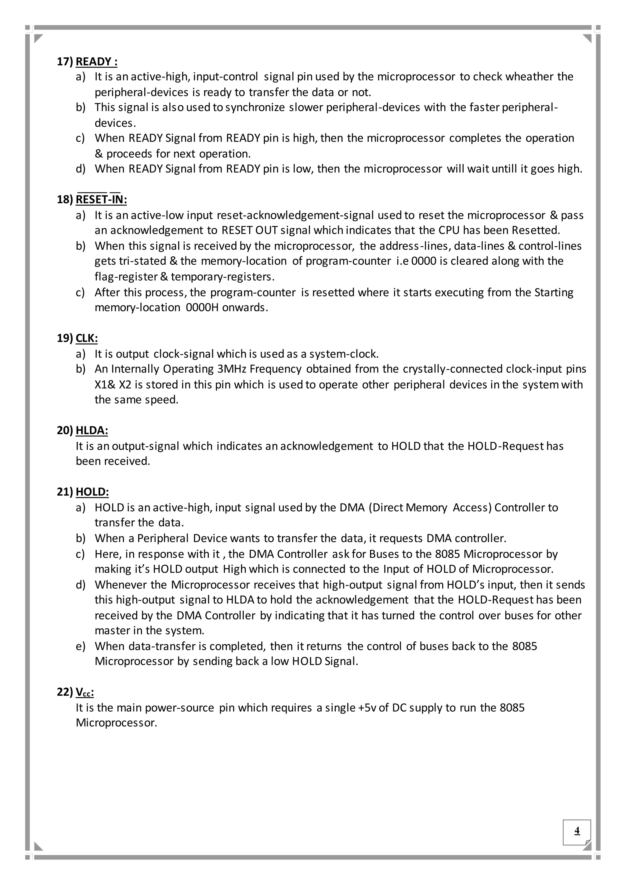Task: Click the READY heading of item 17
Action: pos(96,62)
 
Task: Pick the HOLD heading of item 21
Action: pos(92,492)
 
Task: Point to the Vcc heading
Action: pos(85,692)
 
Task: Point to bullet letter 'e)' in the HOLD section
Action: pos(81,646)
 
